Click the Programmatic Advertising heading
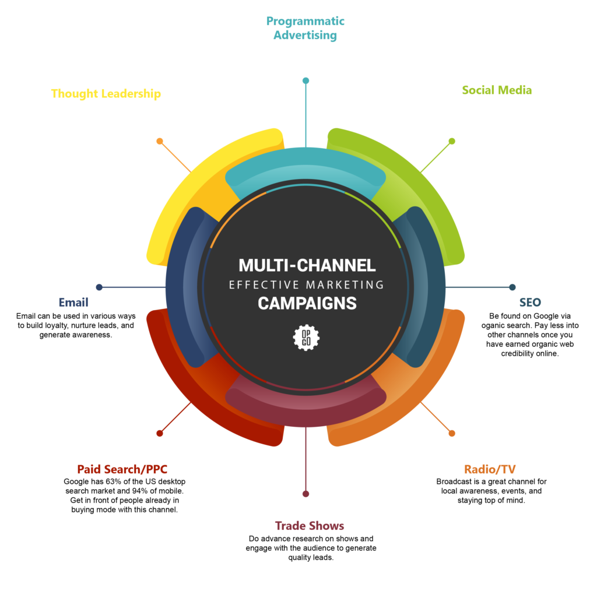point(305,28)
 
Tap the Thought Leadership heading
point(106,93)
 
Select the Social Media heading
point(497,90)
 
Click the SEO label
point(530,302)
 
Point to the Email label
point(73,302)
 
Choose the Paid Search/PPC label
point(122,469)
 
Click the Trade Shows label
point(310,526)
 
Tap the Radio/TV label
point(490,469)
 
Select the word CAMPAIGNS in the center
point(307,304)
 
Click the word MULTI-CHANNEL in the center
point(307,266)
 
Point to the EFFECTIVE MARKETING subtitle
point(307,285)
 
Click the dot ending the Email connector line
point(99,287)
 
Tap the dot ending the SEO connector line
point(512,287)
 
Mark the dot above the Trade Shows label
point(305,494)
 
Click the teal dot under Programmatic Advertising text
point(305,80)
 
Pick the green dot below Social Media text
point(452,141)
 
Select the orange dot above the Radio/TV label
point(452,433)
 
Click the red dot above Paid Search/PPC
point(159,433)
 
